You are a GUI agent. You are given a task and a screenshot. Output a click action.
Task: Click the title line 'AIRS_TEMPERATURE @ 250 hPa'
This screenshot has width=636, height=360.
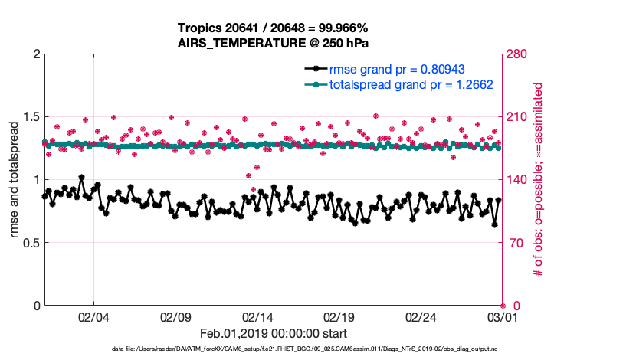273,43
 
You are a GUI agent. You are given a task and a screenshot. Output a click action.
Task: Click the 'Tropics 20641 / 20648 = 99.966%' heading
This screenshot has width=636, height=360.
273,28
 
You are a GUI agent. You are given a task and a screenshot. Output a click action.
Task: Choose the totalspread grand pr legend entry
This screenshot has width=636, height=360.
410,84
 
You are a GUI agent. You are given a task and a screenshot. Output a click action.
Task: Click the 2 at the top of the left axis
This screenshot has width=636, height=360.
34,54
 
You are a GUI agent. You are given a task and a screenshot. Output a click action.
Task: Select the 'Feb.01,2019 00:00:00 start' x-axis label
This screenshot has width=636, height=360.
273,334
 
